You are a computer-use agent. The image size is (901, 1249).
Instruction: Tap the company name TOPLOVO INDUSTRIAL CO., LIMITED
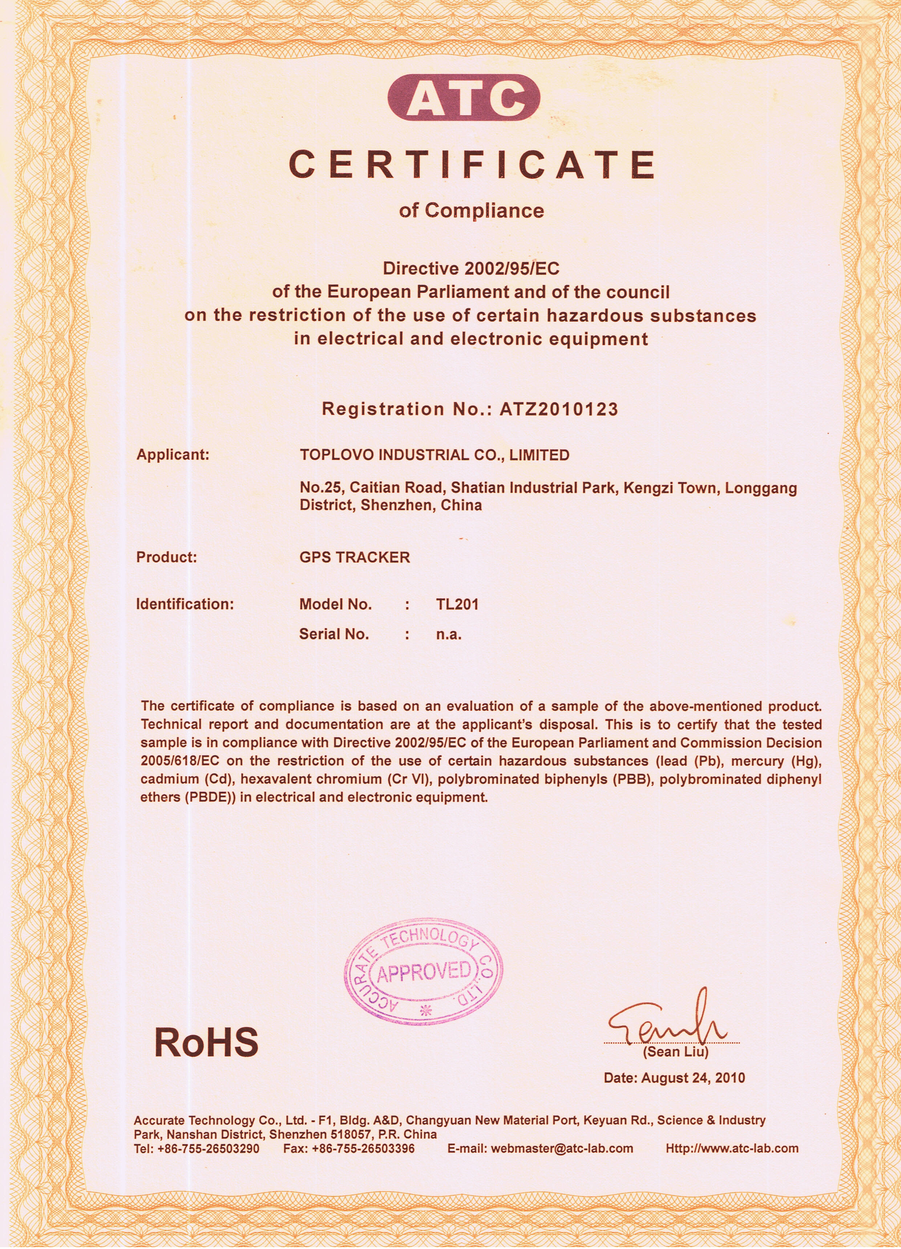point(435,455)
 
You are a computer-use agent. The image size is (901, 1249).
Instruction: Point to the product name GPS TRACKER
point(355,557)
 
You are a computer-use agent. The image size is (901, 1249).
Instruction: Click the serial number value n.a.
point(449,634)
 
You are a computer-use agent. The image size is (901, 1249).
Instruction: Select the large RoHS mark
point(206,1043)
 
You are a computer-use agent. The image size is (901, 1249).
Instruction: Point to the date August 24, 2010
point(693,1078)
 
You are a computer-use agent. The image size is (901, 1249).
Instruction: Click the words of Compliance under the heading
point(472,210)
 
